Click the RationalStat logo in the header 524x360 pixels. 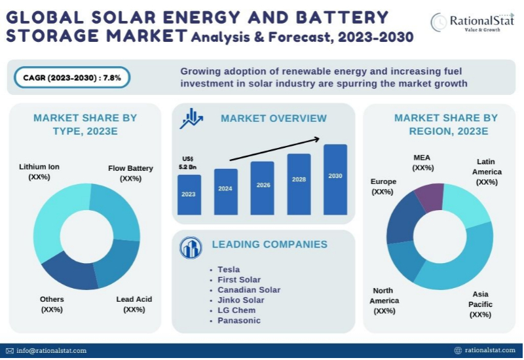[472, 23]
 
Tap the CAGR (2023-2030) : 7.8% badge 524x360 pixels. [72, 77]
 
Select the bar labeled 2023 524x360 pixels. [189, 194]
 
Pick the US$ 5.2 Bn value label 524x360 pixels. [188, 163]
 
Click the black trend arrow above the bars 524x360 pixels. [275, 149]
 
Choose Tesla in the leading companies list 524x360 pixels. [229, 269]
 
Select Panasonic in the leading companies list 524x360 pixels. [239, 320]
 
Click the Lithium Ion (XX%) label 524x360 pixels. [39, 171]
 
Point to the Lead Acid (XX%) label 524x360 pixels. [134, 304]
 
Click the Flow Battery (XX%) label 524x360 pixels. [130, 173]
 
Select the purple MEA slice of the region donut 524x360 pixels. [430, 196]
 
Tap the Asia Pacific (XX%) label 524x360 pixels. [481, 304]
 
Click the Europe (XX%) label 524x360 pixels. [383, 187]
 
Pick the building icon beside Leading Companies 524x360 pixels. [191, 247]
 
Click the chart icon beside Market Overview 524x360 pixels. [192, 118]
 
